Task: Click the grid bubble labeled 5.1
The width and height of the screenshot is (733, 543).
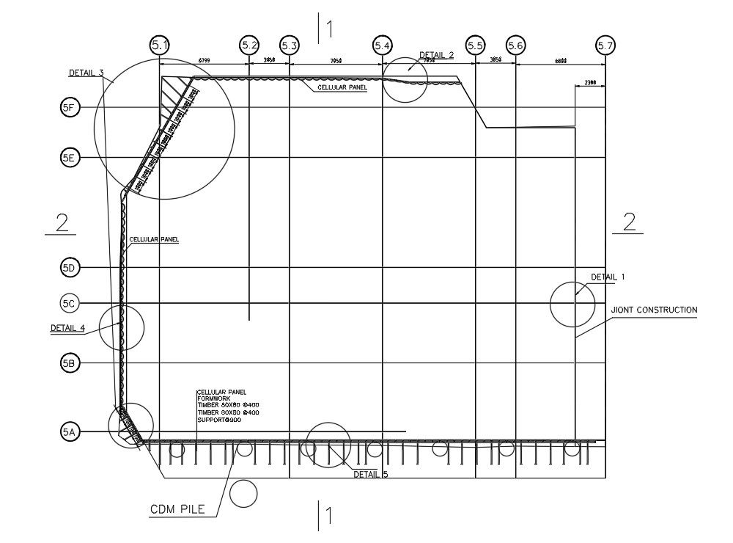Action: coord(160,45)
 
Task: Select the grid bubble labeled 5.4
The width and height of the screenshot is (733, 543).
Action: coord(382,45)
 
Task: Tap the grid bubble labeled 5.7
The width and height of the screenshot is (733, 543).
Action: coord(605,45)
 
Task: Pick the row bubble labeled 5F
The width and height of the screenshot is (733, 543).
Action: coord(69,108)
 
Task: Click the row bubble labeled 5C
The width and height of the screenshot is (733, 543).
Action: coord(69,303)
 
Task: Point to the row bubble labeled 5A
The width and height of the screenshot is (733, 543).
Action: coord(69,432)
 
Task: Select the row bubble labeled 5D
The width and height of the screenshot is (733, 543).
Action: coord(69,269)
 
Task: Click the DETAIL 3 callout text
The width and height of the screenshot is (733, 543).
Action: coord(86,73)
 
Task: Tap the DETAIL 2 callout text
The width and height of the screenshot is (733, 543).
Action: coord(436,55)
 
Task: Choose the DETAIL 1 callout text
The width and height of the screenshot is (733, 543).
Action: coord(608,277)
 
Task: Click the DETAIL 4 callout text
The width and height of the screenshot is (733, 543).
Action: coord(67,328)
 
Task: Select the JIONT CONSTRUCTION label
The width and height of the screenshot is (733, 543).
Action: coord(654,310)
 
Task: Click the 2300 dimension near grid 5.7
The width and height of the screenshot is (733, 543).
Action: coord(590,84)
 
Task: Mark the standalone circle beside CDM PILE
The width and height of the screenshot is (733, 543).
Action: coord(243,494)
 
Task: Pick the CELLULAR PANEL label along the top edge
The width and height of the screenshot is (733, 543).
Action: coord(342,87)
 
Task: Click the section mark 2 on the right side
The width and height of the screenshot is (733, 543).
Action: coord(629,222)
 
